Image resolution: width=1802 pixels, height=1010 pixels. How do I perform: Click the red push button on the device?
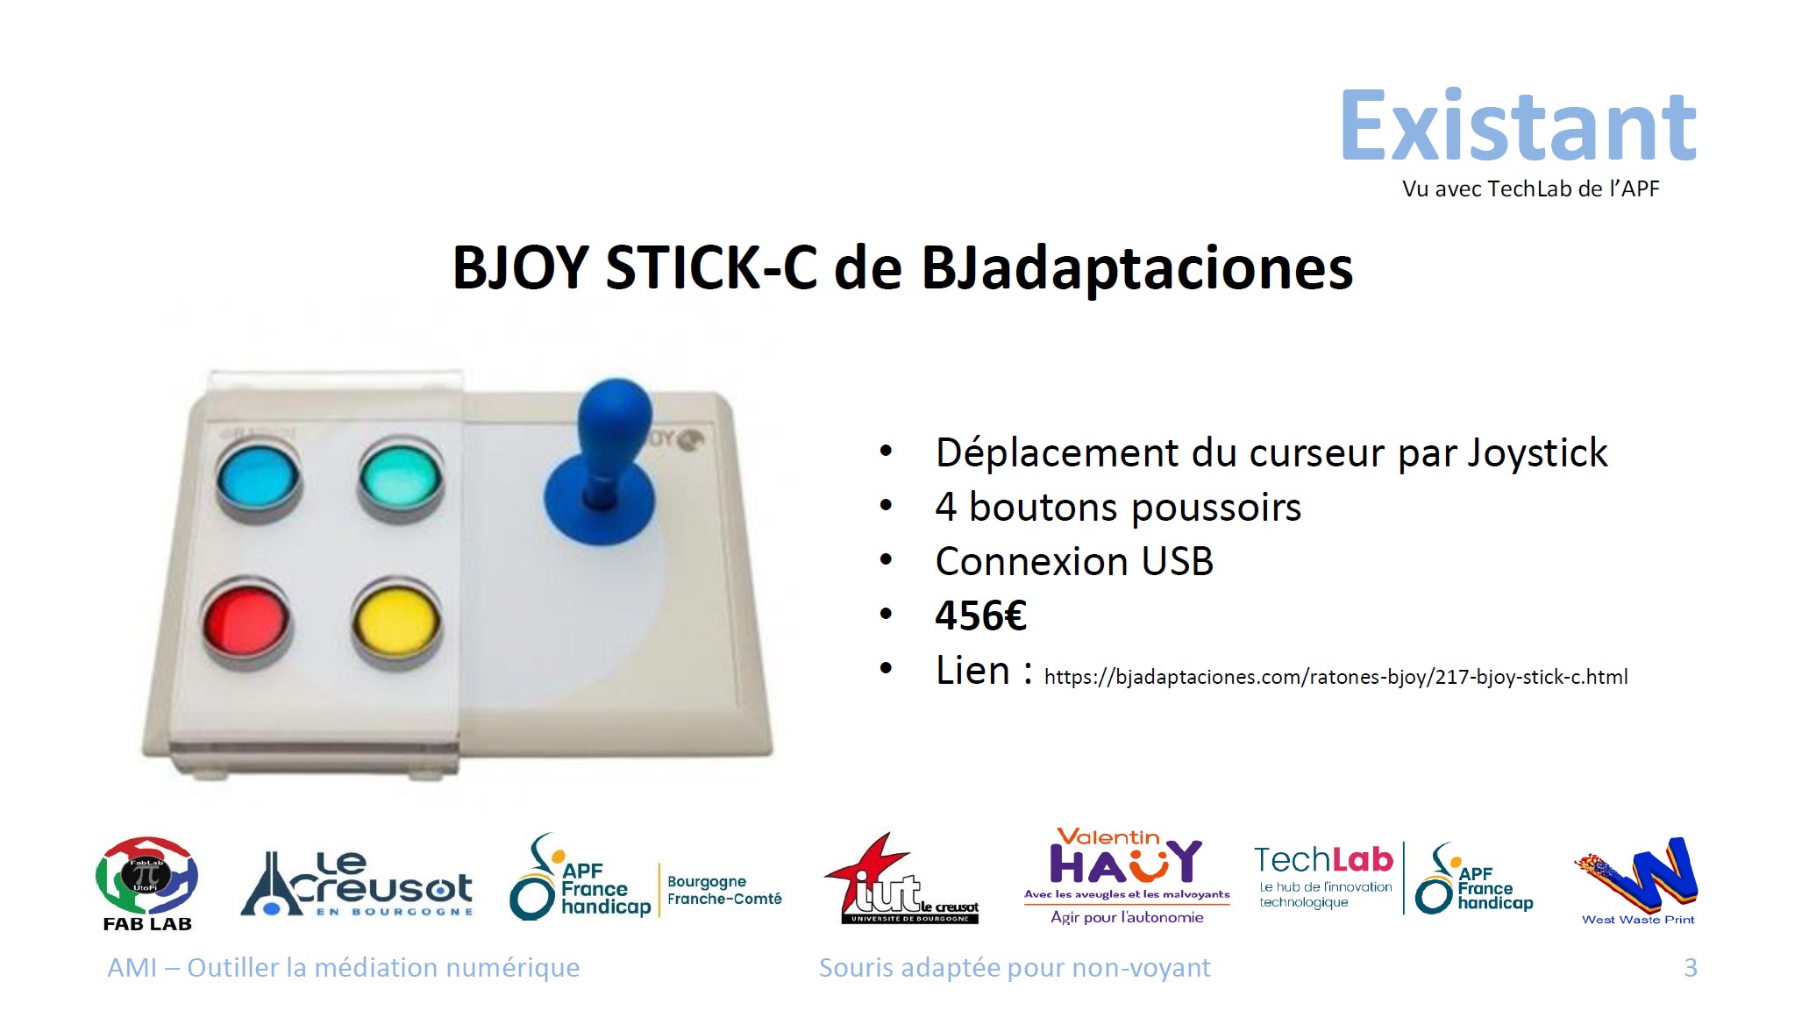pos(245,622)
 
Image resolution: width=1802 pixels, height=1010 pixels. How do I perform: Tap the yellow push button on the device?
pos(396,621)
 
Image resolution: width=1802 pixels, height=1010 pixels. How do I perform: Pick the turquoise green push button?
pos(401,478)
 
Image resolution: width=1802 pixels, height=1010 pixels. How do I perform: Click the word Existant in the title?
pos(1518,126)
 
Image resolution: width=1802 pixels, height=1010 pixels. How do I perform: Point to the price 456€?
pos(980,615)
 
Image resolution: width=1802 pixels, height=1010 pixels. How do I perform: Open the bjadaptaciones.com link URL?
pos(1335,677)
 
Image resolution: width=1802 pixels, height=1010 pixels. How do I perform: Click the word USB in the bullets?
pos(1178,562)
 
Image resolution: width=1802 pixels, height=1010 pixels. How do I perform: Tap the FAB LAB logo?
pos(146,884)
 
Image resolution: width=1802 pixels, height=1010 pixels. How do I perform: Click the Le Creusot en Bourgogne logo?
pos(357,884)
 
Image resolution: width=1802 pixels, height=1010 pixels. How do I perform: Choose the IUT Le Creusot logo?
pos(901,878)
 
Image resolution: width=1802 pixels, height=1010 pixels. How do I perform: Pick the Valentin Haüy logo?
pos(1127,876)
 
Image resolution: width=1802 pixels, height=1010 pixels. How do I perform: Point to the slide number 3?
pos(1691,968)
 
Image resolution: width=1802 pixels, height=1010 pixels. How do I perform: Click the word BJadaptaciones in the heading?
pos(1137,267)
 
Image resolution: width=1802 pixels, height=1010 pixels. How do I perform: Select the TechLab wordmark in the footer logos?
pos(1323,860)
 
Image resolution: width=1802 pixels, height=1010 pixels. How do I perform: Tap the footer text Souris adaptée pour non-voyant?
pos(1015,968)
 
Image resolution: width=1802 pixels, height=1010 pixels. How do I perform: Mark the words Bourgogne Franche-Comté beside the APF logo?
pos(724,890)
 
